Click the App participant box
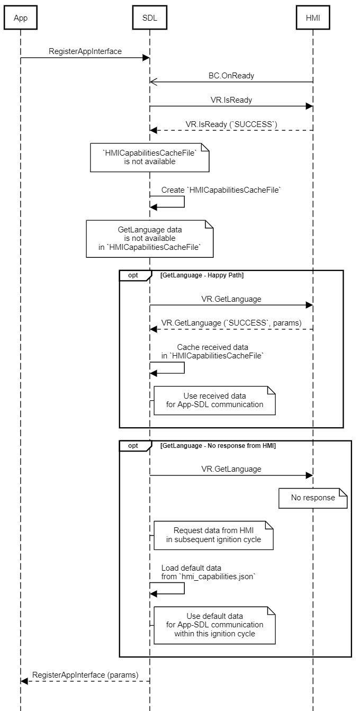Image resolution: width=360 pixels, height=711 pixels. (x=21, y=18)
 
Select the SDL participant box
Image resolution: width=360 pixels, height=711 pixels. (x=149, y=18)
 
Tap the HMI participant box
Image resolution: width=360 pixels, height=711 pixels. (x=313, y=18)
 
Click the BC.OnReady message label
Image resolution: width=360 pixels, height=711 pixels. (x=231, y=76)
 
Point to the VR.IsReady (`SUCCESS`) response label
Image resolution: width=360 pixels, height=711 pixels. (x=231, y=124)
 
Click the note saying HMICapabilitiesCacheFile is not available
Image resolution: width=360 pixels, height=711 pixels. (x=149, y=157)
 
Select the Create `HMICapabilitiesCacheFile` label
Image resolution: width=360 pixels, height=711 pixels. (x=221, y=190)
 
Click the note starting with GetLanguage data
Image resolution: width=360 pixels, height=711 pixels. (x=149, y=239)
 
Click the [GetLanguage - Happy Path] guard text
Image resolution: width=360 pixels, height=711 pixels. (x=202, y=275)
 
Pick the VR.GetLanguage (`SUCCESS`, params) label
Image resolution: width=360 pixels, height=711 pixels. (x=231, y=323)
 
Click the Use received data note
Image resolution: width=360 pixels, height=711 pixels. (x=214, y=400)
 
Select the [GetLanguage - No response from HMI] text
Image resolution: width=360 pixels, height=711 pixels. (x=218, y=446)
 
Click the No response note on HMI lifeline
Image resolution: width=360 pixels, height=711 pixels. (x=313, y=498)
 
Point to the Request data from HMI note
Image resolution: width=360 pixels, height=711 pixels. (x=213, y=535)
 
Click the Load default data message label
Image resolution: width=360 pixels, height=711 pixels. (x=208, y=572)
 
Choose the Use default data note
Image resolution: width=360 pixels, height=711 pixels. (x=214, y=625)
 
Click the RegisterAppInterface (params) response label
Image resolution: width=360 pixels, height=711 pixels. (x=85, y=674)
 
